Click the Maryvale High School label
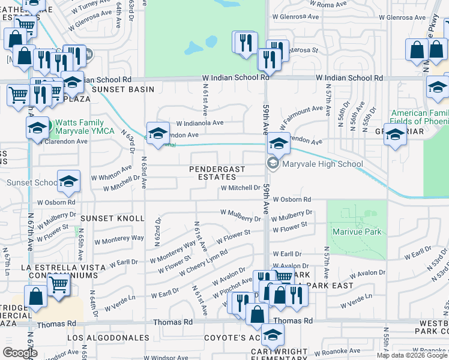322,164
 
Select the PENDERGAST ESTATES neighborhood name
217,173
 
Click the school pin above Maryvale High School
278,143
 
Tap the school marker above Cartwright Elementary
273,334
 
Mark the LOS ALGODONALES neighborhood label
108,338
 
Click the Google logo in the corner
20,352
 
